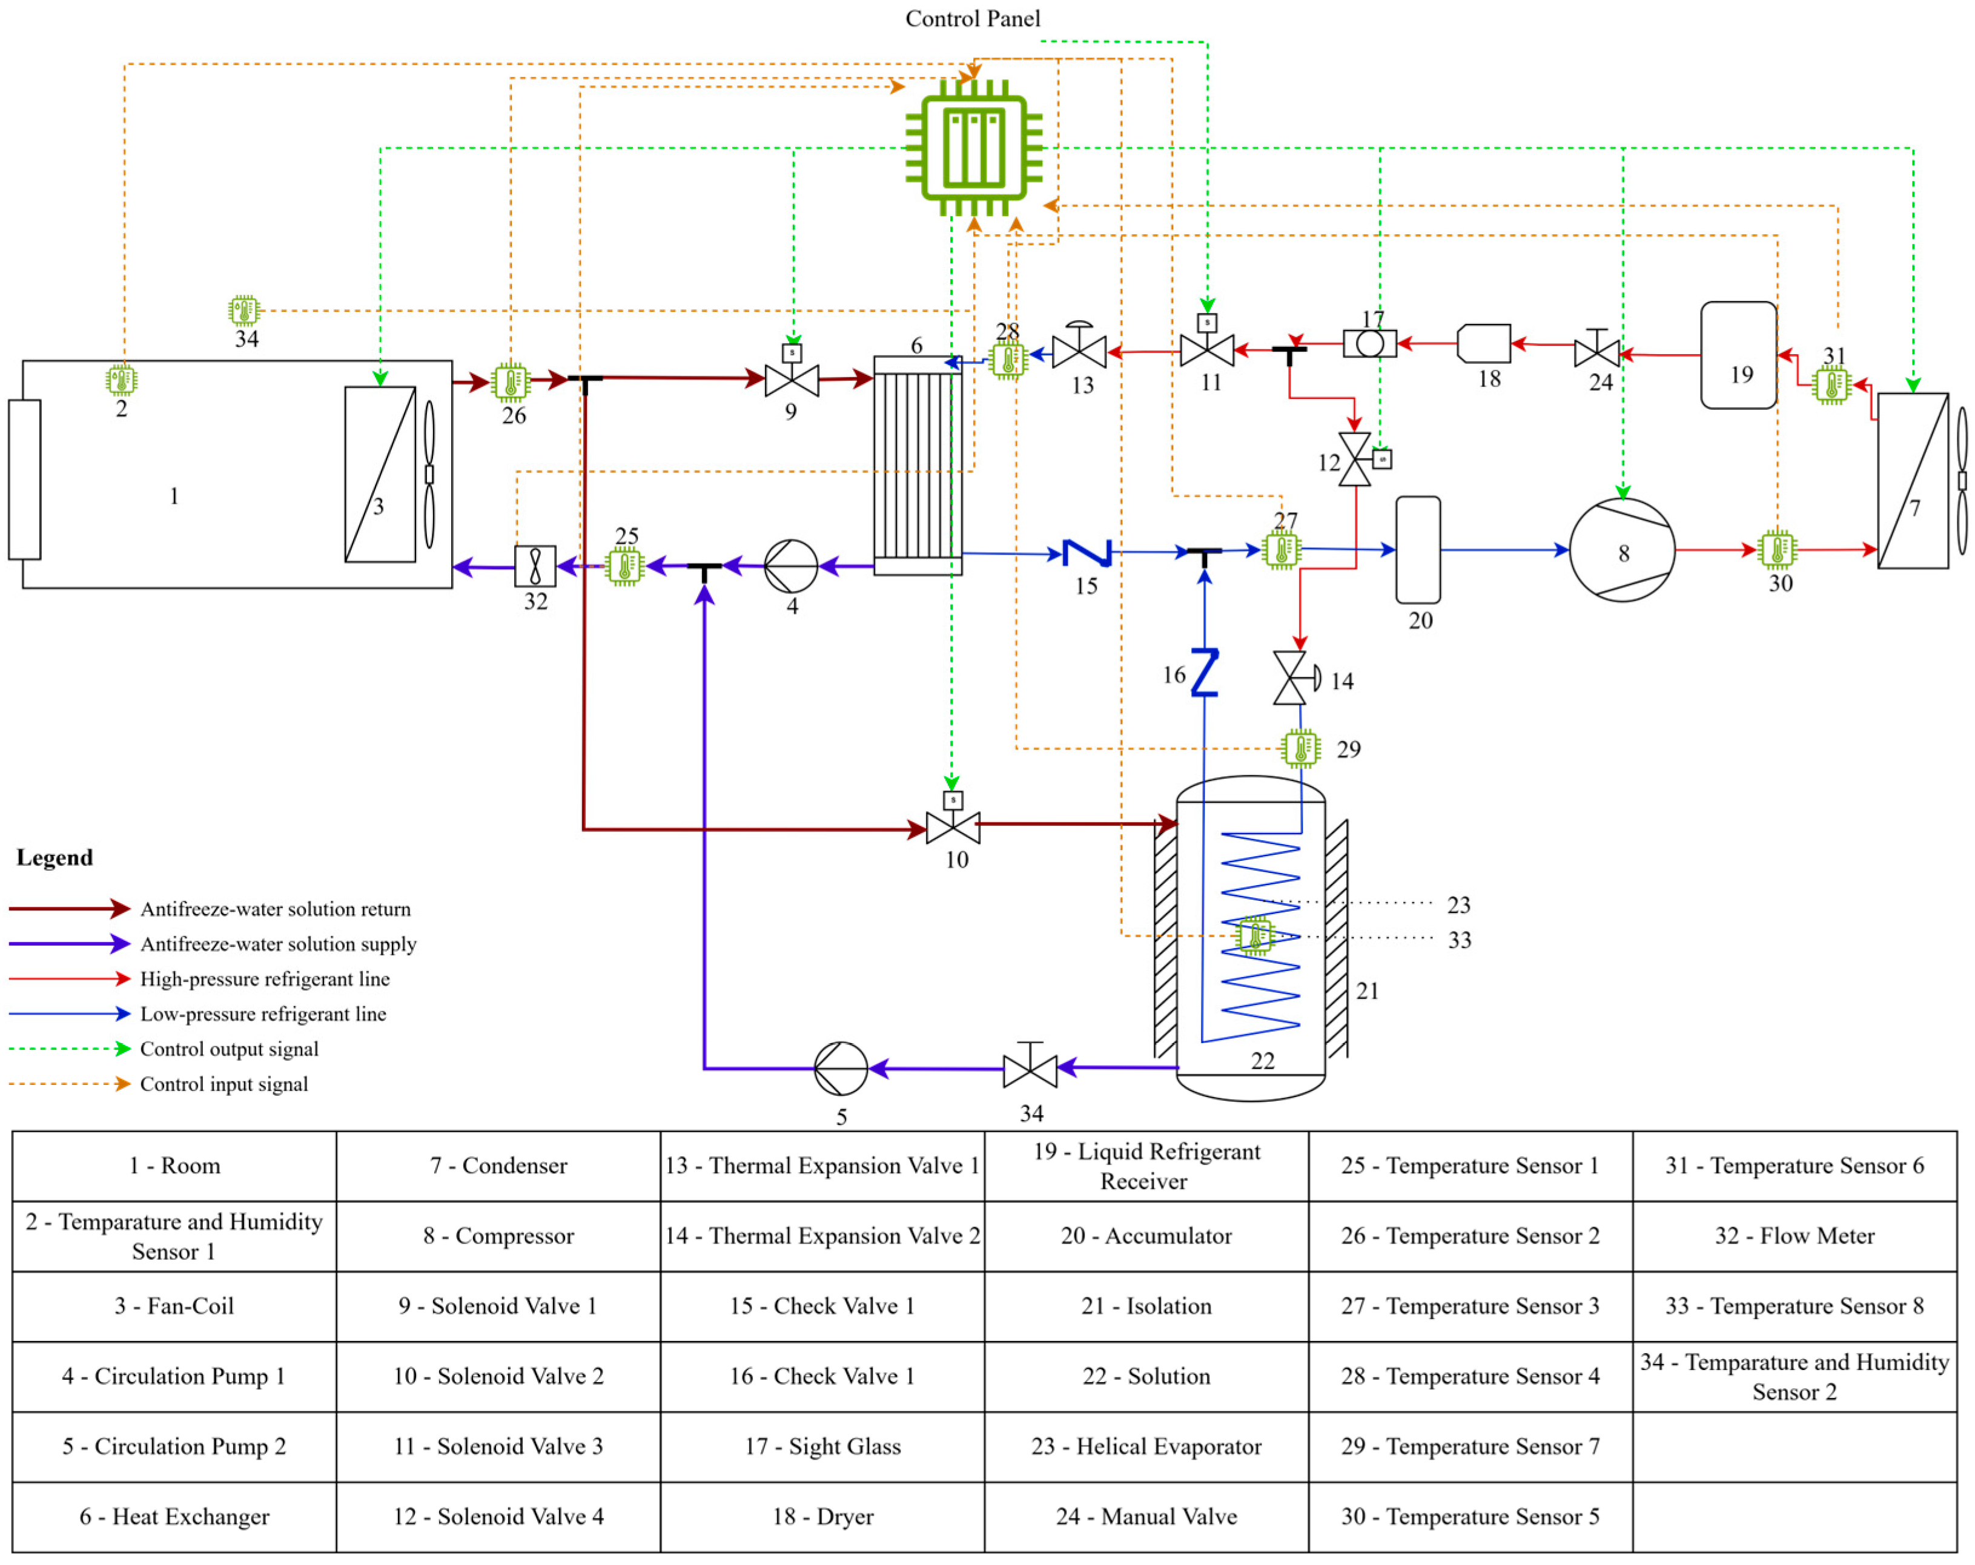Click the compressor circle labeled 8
click(x=1621, y=550)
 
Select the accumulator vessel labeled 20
click(x=1417, y=550)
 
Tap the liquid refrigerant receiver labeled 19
click(x=1738, y=355)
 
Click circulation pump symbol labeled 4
click(x=790, y=566)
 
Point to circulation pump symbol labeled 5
click(x=840, y=1068)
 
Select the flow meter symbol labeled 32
click(x=535, y=566)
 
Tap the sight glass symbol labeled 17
click(x=1369, y=344)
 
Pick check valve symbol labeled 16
click(x=1205, y=673)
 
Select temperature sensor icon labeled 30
click(x=1777, y=550)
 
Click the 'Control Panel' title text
click(x=972, y=18)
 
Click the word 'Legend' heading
click(x=55, y=857)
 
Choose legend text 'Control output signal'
click(x=229, y=1049)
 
